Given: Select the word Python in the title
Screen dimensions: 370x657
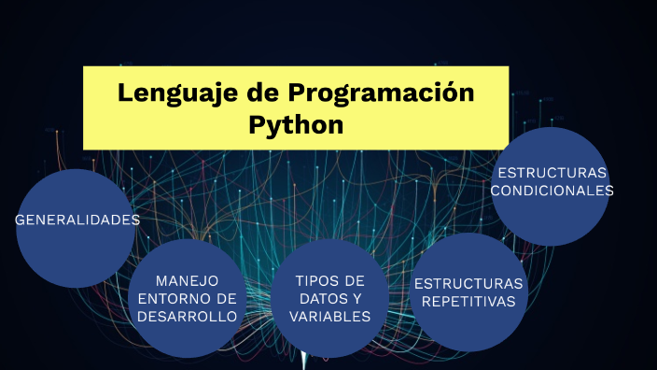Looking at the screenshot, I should point(296,124).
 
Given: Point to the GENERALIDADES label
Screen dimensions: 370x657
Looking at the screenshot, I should point(77,221).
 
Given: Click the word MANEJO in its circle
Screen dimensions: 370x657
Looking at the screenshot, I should point(187,280).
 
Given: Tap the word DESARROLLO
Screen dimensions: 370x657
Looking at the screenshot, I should point(187,316).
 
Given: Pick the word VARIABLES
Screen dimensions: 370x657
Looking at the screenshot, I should point(329,316).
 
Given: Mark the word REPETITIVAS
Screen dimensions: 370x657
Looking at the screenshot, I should point(468,301).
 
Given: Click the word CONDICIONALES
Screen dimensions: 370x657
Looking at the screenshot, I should point(552,190).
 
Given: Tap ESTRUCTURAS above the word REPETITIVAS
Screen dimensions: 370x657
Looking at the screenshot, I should point(468,283).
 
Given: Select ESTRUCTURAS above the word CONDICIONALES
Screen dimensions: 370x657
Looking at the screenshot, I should point(552,173).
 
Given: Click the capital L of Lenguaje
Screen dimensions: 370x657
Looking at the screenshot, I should point(125,93).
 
